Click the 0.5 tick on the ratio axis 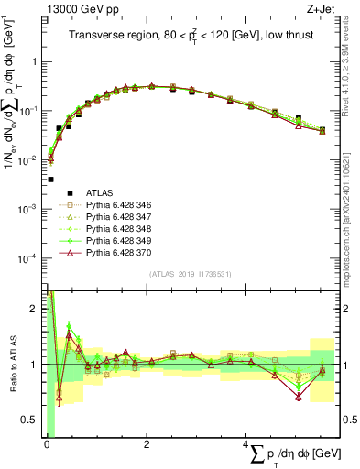[31, 420]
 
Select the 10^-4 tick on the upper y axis [29, 258]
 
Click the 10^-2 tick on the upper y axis [29, 160]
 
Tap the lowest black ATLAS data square [50, 180]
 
